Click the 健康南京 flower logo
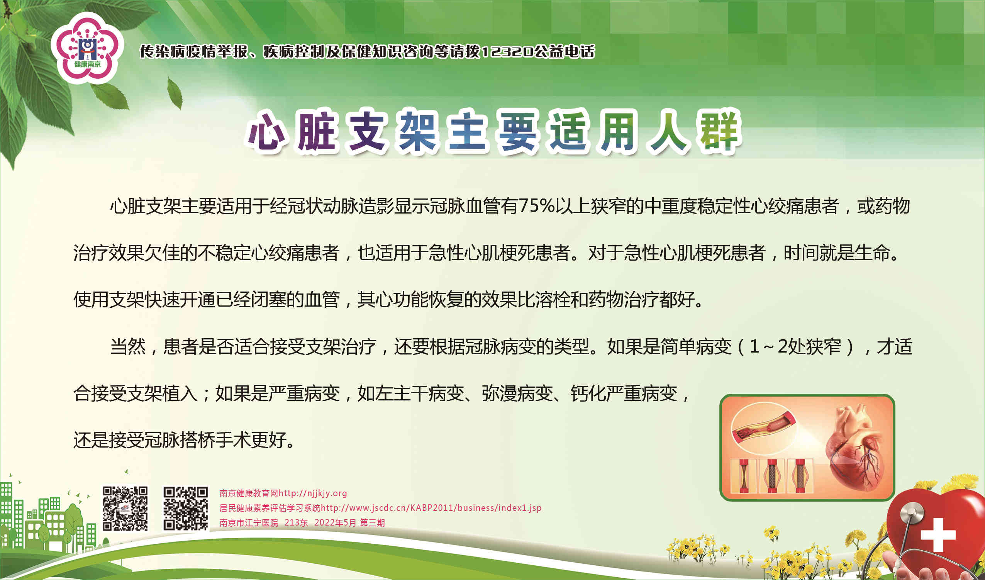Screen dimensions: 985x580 coord(87,48)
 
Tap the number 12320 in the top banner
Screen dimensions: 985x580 coord(507,52)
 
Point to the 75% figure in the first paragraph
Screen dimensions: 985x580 coord(537,206)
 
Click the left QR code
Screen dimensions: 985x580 coord(125,508)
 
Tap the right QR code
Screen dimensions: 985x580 coord(186,508)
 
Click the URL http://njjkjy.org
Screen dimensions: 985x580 coord(313,493)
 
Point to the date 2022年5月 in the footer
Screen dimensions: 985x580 coord(335,522)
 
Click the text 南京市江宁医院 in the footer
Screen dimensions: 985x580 coord(249,522)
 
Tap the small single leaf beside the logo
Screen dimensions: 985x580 coord(175,93)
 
